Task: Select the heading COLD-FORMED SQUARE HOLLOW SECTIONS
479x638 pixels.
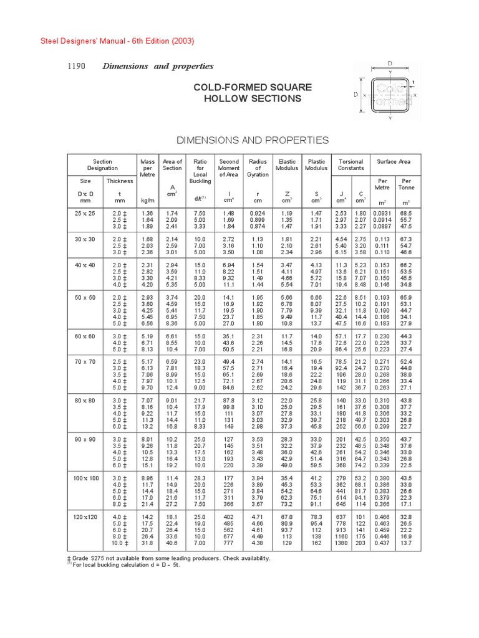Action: pyautogui.click(x=252, y=93)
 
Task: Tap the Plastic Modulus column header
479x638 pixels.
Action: pyautogui.click(x=316, y=165)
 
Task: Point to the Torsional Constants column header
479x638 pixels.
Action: pyautogui.click(x=351, y=165)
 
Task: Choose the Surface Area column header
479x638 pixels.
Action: pyautogui.click(x=394, y=161)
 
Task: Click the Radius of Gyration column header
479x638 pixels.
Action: pyautogui.click(x=258, y=168)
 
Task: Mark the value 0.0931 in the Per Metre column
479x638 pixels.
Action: pyautogui.click(x=382, y=214)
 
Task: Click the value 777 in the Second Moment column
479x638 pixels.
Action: pyautogui.click(x=230, y=543)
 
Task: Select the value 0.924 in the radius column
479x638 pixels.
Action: pyautogui.click(x=258, y=214)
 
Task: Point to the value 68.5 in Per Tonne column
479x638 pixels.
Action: pyautogui.click(x=406, y=214)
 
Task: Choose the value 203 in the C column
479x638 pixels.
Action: pyautogui.click(x=360, y=543)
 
